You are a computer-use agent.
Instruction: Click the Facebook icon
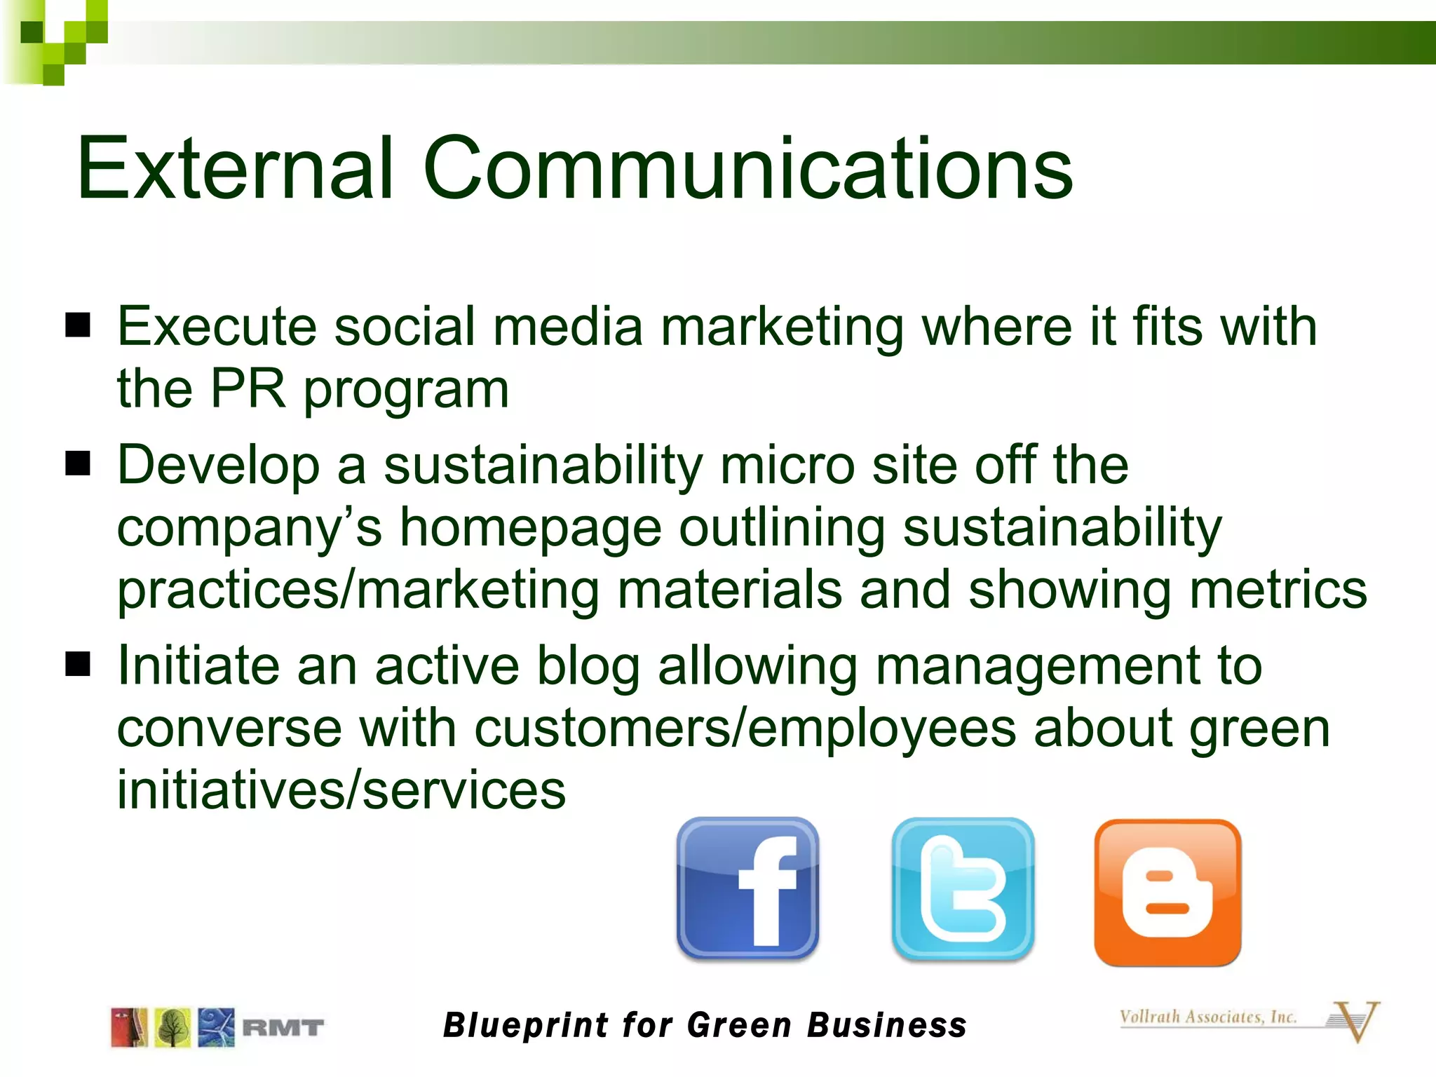747,888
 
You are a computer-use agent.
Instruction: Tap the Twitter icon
963,888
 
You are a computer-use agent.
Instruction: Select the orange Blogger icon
1167,892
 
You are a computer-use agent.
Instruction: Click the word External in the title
235,168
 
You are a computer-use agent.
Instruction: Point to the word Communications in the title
747,168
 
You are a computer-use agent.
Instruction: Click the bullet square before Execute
78,325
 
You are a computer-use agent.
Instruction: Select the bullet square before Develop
78,463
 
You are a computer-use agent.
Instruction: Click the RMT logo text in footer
283,1028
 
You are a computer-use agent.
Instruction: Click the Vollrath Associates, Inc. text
1207,1017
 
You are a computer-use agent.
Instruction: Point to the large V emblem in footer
1355,1021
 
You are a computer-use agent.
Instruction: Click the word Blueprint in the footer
526,1025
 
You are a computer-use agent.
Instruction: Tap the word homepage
531,527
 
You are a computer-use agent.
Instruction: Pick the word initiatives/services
341,790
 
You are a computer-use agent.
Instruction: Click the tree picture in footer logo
172,1028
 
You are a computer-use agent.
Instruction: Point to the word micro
787,465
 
